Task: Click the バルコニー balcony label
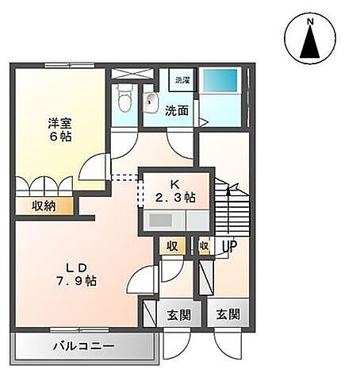[x=85, y=347]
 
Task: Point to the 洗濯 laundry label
[x=182, y=80]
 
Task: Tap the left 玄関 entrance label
[x=178, y=314]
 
